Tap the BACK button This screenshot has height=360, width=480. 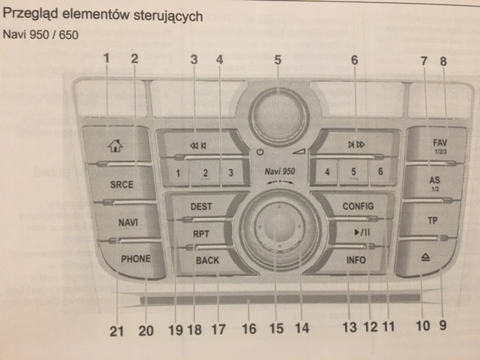(x=207, y=260)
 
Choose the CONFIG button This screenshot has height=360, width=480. (x=358, y=205)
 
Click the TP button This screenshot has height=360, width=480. (x=431, y=221)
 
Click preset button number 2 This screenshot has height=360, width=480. (x=204, y=173)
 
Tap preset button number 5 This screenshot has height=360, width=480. (x=353, y=172)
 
